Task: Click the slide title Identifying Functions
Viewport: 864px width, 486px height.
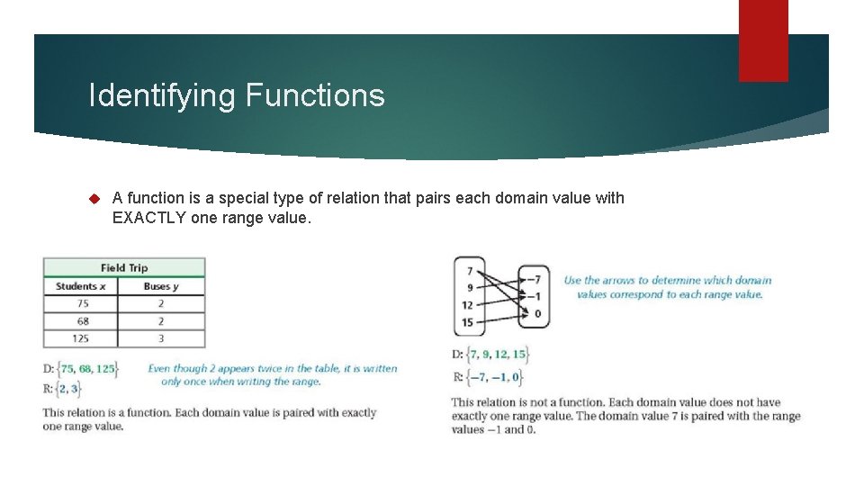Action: (x=237, y=95)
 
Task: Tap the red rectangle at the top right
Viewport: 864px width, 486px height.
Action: (x=762, y=40)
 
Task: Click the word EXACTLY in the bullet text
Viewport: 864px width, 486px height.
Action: (x=148, y=217)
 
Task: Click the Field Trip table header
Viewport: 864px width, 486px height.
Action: (x=124, y=267)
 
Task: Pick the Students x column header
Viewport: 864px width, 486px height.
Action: (x=80, y=286)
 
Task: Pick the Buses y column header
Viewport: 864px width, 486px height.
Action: (x=161, y=286)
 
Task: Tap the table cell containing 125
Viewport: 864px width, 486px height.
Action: (x=80, y=338)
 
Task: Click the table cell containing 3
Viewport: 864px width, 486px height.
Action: (x=161, y=338)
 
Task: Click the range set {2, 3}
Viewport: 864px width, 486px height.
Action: (x=67, y=388)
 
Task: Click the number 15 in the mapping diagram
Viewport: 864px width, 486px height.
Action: (x=467, y=322)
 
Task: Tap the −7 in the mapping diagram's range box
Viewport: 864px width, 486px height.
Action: (x=535, y=279)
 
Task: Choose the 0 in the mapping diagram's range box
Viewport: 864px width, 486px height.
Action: (x=537, y=313)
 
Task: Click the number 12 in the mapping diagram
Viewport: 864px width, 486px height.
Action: (x=467, y=305)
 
